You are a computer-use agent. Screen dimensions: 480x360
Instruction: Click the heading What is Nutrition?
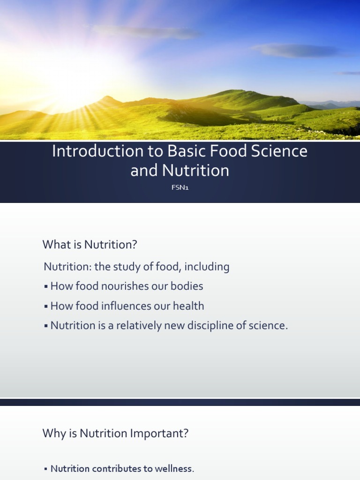91,244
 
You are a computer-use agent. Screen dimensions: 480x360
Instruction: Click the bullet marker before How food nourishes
46,286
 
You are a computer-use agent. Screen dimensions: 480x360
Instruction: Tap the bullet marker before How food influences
46,307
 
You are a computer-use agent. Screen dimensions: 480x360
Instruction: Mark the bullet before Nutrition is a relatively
46,326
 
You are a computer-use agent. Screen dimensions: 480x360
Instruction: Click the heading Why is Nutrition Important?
115,434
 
